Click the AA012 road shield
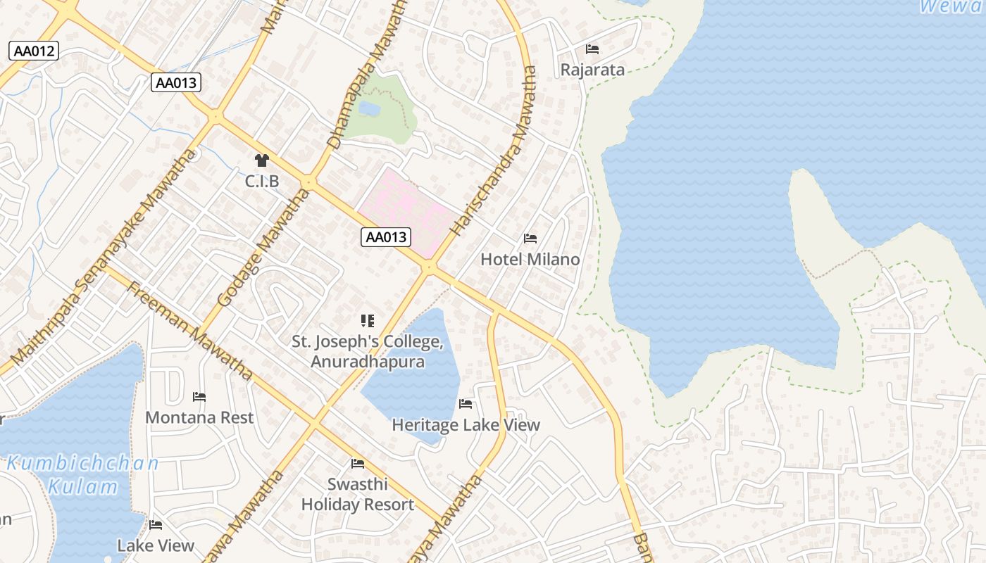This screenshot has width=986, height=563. [x=34, y=51]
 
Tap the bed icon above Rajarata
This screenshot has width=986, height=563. [x=592, y=49]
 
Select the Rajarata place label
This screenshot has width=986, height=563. [x=592, y=70]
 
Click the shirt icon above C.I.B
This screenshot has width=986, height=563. [x=262, y=160]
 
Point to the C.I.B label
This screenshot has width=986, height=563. [x=262, y=182]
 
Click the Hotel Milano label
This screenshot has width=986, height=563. [x=530, y=259]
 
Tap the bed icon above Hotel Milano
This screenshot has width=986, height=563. [x=530, y=239]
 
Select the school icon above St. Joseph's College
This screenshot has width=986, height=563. [x=367, y=321]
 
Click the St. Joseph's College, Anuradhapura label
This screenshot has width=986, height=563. [x=368, y=352]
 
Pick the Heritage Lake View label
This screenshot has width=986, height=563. [x=466, y=424]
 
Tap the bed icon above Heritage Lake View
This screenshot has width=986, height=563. [x=466, y=403]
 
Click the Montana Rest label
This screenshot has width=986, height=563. [x=199, y=417]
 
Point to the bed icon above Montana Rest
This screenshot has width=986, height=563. [x=199, y=397]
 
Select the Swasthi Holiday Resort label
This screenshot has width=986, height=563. [x=358, y=494]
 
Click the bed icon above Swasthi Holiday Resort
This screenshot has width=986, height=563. [x=358, y=463]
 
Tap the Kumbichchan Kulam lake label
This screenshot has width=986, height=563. [x=83, y=475]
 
